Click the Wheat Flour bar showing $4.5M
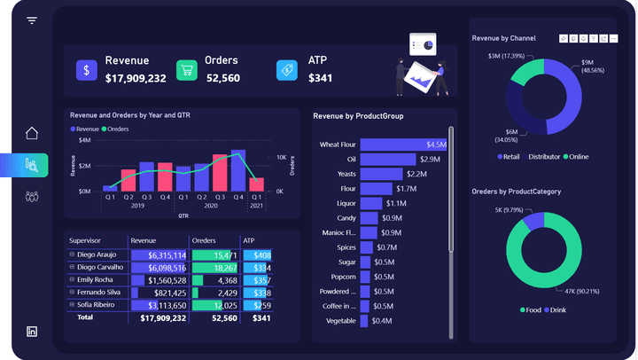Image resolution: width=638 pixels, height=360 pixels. pos(404,145)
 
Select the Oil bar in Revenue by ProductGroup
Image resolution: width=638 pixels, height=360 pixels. pos(388,159)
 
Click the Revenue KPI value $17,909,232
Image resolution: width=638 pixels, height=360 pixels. pos(136,78)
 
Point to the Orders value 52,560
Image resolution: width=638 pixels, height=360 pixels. pos(222,78)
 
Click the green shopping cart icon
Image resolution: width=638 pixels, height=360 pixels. pos(186,71)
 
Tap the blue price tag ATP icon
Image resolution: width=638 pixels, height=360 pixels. pos(286,71)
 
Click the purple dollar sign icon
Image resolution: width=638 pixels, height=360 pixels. pos(86,71)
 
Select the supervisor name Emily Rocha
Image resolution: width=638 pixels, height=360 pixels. pos(96,279)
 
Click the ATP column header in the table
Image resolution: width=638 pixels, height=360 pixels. pos(249,240)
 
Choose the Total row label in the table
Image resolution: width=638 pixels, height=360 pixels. pos(85,317)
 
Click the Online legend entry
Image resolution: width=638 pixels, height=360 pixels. pos(577,157)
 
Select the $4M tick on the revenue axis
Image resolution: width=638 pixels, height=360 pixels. pos(84,140)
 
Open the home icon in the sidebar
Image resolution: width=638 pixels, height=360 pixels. pos(32,134)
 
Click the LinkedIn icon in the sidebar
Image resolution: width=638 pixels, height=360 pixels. pos(32,331)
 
